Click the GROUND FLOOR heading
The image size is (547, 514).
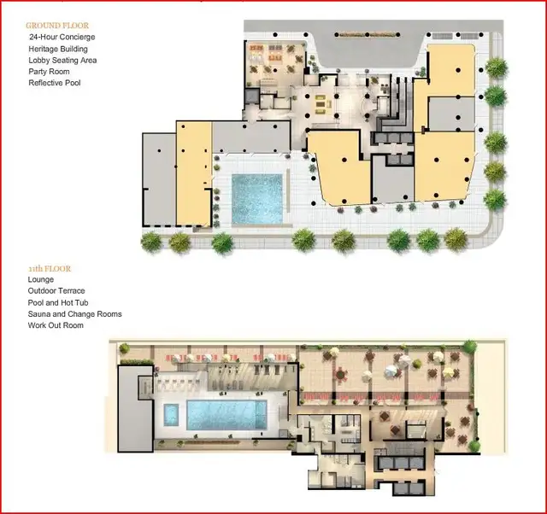[57, 26]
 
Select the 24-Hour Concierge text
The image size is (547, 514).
[62, 37]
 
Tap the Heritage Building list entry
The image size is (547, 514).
[58, 49]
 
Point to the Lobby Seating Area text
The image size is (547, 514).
[62, 61]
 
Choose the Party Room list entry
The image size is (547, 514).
[50, 72]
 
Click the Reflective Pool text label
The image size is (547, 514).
[55, 83]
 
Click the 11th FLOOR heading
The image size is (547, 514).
[50, 269]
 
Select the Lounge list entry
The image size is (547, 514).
[41, 279]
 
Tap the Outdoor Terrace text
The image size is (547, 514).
[56, 290]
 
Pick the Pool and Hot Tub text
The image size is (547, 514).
[58, 302]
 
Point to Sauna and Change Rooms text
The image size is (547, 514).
[75, 314]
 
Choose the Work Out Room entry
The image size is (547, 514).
[56, 325]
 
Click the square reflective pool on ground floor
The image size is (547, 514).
[257, 199]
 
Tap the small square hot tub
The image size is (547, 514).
[171, 414]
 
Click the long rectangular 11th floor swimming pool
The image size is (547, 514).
[226, 415]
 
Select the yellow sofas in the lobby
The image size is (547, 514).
[321, 104]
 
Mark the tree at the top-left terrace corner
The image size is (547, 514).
[124, 348]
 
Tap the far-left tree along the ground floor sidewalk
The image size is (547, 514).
[152, 242]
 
